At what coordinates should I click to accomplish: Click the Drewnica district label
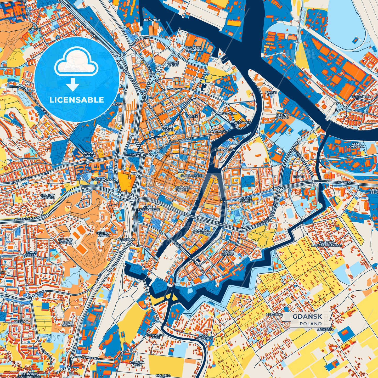pos(151,20)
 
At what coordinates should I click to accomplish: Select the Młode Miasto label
pos(173,64)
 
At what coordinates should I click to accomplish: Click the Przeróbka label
pos(361,97)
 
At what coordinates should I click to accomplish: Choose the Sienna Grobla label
pos(282,116)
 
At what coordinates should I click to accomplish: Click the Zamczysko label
pos(218,131)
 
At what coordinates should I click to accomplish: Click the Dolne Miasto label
pos(227,253)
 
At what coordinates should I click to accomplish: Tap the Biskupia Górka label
pos(104,234)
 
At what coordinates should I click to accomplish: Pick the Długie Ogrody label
pos(246,200)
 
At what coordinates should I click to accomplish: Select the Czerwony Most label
pos(155,336)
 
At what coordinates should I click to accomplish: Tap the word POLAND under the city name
pos(311,324)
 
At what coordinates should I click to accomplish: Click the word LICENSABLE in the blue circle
pos(77,100)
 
